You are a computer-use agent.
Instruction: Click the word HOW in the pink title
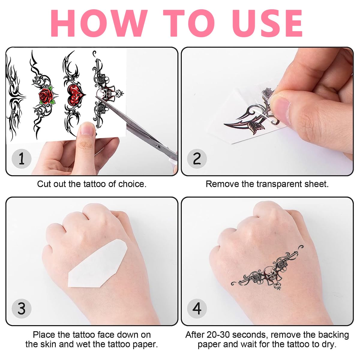pyautogui.click(x=99, y=23)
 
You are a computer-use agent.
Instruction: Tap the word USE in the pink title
pyautogui.click(x=267, y=23)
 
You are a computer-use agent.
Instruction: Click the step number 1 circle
pyautogui.click(x=22, y=159)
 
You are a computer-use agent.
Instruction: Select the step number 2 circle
pyautogui.click(x=197, y=159)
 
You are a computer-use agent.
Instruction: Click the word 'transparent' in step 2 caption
pyautogui.click(x=279, y=184)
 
